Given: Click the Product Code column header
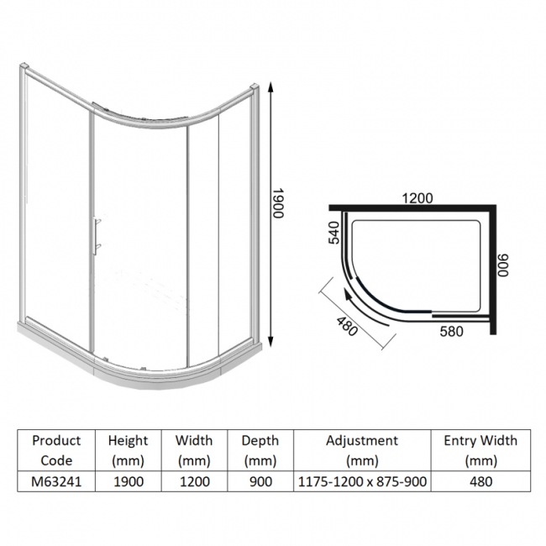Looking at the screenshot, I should click(56, 449).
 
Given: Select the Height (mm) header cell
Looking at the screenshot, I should click(129, 449).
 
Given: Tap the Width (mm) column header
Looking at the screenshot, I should click(194, 449).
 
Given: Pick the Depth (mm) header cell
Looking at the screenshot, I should click(260, 449).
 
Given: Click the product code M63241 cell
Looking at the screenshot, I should click(56, 481).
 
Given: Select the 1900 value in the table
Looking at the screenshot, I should click(129, 481).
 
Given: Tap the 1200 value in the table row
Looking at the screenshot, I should click(194, 481).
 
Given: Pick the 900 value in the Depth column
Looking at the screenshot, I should click(260, 481).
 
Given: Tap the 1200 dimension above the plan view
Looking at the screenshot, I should click(417, 199).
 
